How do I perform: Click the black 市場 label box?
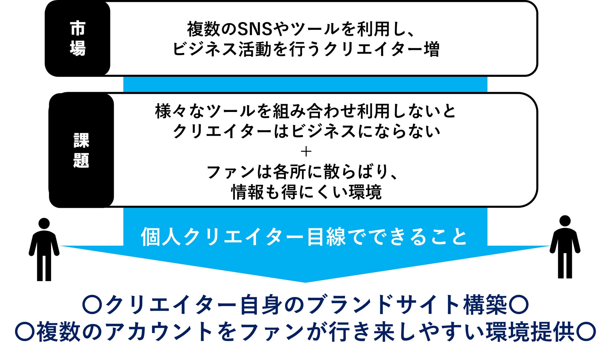pos(77,38)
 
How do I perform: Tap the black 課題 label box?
pos(81,150)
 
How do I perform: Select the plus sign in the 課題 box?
pos(306,152)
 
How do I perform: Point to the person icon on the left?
pos(44,249)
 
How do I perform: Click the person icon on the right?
pos(565,247)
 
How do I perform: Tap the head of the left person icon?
pos(44,223)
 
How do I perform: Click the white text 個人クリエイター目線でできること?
pos(304,237)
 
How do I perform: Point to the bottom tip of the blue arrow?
pos(305,281)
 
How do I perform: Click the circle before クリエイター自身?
pos(92,304)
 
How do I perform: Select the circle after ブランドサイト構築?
pos(519,304)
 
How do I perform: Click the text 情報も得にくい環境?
pos(306,192)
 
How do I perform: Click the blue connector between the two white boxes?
pos(305,84)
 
